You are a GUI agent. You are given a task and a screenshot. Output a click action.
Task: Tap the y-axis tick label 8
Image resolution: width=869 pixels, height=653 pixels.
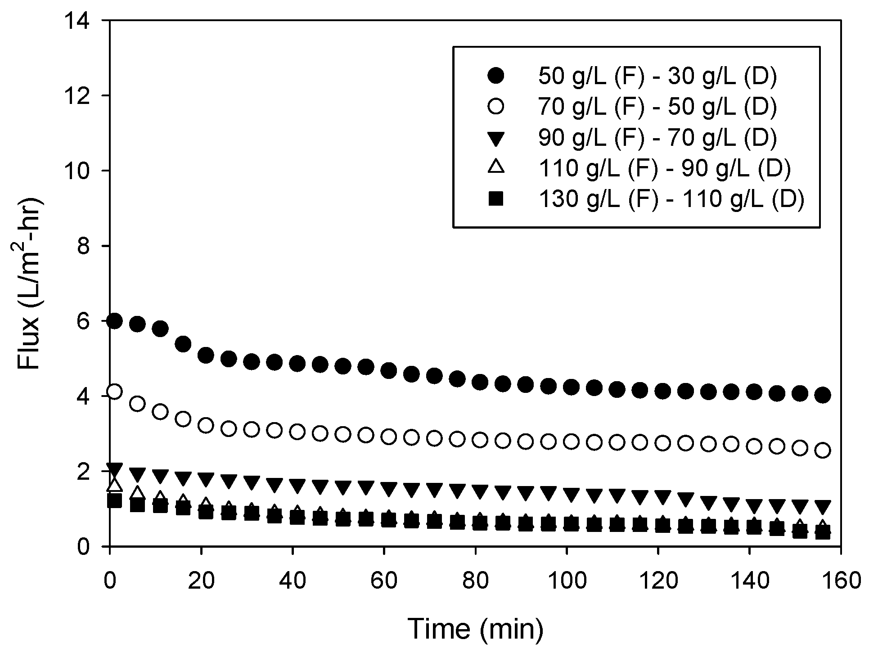(90, 246)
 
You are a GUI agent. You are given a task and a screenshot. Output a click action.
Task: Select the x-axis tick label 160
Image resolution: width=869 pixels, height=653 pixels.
(840, 581)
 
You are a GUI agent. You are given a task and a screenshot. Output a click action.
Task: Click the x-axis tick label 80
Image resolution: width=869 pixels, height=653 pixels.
(476, 581)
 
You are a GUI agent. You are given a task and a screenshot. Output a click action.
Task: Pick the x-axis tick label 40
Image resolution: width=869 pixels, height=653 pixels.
(293, 581)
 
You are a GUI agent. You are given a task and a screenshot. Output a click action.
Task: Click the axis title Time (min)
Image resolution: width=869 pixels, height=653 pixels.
(475, 629)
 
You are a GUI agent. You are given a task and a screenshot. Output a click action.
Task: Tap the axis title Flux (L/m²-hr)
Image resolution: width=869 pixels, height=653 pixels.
(30, 284)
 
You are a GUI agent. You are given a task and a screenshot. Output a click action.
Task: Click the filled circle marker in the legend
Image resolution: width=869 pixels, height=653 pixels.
(496, 77)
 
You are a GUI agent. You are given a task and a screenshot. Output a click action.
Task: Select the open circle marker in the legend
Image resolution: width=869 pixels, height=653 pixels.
(496, 107)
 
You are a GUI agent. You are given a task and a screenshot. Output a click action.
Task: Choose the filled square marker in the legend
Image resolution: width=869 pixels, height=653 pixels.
(496, 198)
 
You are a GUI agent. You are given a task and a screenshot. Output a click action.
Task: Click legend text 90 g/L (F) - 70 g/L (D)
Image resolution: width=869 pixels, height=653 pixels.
(657, 138)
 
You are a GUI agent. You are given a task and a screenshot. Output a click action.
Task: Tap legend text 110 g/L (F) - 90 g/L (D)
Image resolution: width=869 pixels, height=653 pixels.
(664, 168)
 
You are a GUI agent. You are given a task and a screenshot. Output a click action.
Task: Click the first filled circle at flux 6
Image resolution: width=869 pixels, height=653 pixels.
(114, 321)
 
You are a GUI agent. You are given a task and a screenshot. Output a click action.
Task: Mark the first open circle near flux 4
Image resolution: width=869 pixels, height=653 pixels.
(114, 392)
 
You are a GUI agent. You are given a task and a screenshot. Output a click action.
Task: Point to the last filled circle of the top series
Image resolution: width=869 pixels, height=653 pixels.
(823, 395)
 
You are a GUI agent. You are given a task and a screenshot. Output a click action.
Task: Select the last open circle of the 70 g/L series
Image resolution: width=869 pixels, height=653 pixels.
(823, 450)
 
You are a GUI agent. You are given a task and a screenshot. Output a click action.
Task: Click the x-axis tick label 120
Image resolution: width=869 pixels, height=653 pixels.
(658, 581)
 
